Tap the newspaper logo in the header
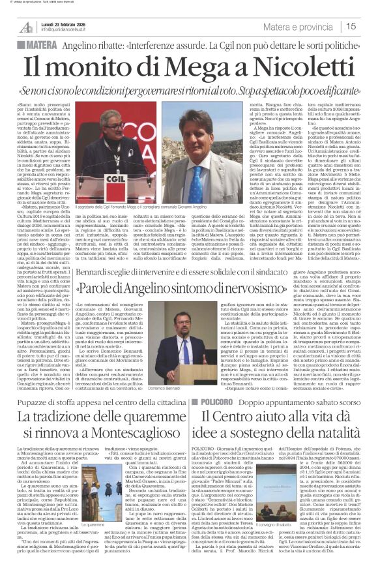[25, 26]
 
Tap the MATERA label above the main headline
[38, 43]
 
